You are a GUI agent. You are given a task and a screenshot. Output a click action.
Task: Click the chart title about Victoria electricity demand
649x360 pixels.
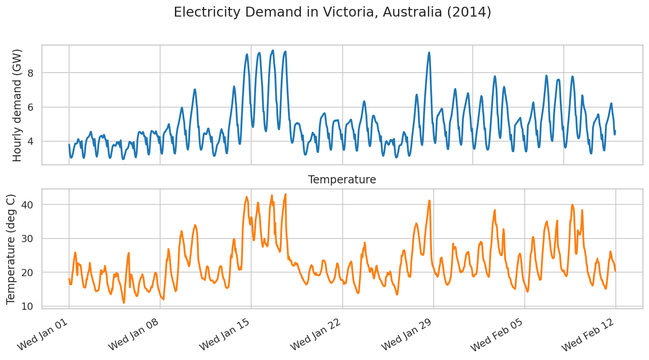[x=332, y=12]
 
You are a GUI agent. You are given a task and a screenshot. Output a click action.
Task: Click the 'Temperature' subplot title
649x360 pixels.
[x=342, y=180]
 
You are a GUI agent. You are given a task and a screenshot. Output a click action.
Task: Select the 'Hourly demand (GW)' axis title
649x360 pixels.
[x=17, y=105]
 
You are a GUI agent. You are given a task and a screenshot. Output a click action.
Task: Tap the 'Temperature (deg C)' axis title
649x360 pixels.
[x=11, y=249]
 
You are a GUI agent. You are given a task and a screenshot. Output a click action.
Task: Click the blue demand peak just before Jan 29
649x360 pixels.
[x=429, y=52]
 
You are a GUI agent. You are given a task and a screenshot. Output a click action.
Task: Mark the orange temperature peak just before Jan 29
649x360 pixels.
[x=429, y=200]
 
